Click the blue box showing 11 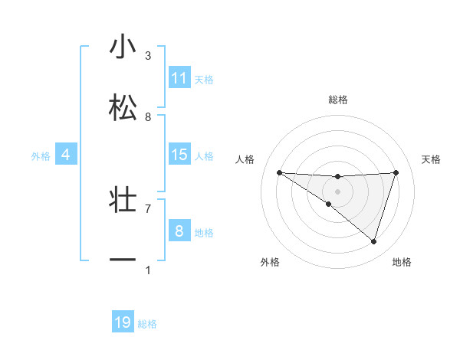(179, 78)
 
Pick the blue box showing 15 (179, 155)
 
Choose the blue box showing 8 (179, 231)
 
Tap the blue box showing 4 (66, 155)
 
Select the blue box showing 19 (123, 322)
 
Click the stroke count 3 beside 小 (148, 56)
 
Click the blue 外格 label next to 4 (41, 155)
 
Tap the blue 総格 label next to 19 (147, 324)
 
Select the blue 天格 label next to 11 (204, 79)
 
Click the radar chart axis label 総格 (337, 100)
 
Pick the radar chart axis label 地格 (402, 262)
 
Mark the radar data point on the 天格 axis (396, 172)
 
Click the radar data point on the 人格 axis (279, 172)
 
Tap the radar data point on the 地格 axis (374, 242)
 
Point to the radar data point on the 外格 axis (329, 204)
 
